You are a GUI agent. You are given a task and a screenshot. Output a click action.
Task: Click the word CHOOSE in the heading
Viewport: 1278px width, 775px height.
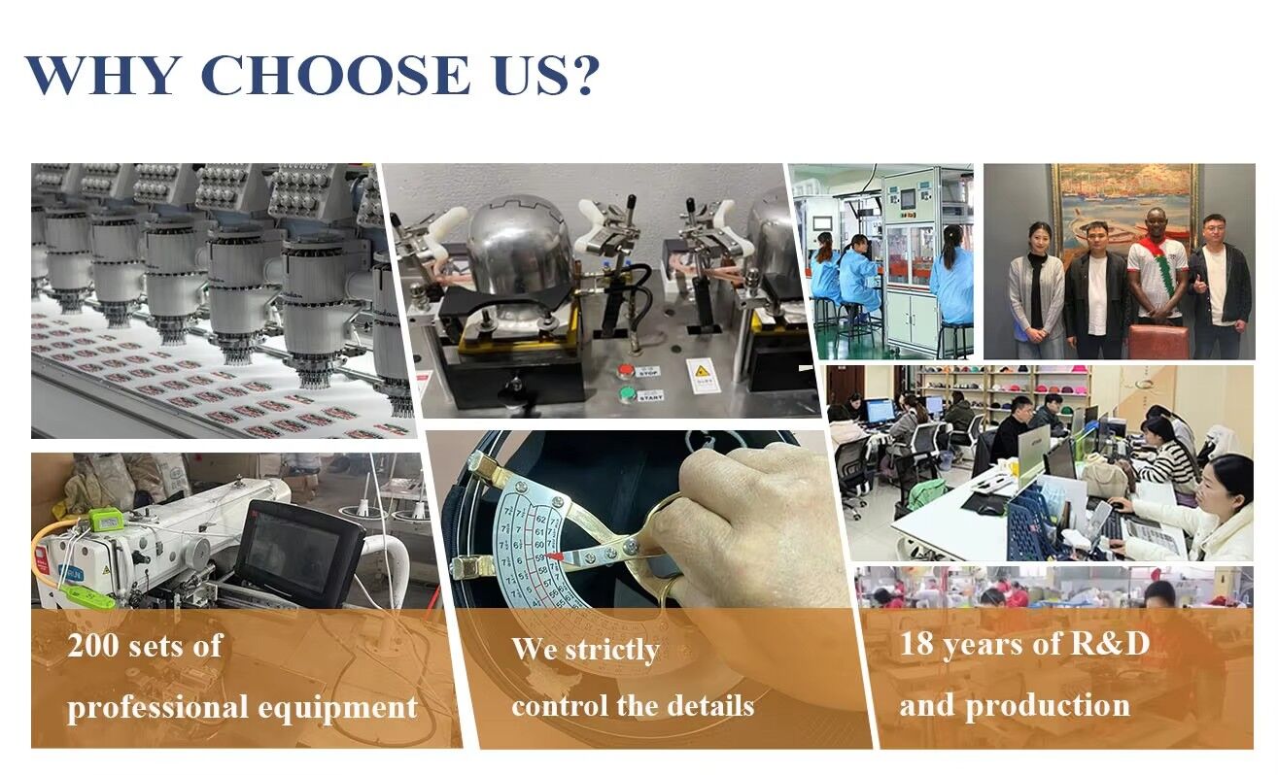coord(335,76)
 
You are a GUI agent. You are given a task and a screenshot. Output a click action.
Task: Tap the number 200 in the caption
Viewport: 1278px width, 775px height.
coord(92,646)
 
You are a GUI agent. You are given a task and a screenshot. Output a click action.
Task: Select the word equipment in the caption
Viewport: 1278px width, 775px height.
coord(338,708)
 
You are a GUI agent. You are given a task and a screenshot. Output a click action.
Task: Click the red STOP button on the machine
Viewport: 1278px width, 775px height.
coord(626,371)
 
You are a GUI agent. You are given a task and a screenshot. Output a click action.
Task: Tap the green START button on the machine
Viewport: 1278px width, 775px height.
coord(628,394)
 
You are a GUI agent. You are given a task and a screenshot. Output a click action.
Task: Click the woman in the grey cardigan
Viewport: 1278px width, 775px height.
coord(1036,288)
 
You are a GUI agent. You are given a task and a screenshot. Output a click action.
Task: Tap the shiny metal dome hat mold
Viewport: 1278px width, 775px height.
coord(520,245)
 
